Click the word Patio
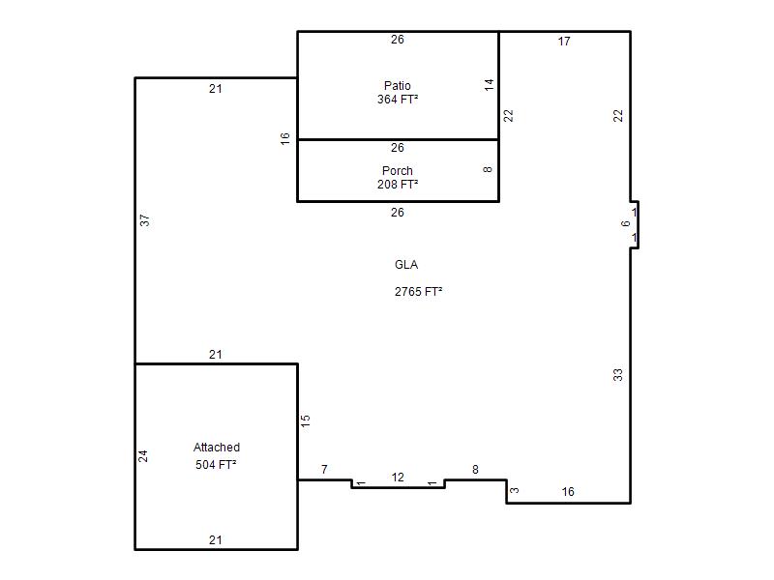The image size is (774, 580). [x=398, y=86]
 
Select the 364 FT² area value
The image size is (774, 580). [x=398, y=100]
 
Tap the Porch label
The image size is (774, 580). [x=398, y=171]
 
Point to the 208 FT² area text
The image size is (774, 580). [x=398, y=184]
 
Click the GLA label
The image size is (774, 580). [x=406, y=265]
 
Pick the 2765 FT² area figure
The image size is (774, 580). [x=419, y=292]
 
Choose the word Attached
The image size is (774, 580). [x=217, y=448]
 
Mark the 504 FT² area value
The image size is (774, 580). [x=216, y=465]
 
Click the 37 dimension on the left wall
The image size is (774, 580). [x=144, y=220]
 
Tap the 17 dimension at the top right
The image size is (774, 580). [x=564, y=42]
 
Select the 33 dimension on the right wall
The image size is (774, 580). [x=618, y=375]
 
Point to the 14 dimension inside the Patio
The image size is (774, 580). [x=489, y=84]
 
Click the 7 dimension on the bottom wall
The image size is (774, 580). [x=324, y=470]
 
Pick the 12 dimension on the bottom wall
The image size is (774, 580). [x=398, y=478]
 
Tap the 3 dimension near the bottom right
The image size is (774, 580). [x=515, y=490]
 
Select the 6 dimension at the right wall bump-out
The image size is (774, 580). [x=625, y=223]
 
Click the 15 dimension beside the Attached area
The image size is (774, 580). [x=305, y=420]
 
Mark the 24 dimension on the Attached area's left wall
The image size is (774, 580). [x=142, y=455]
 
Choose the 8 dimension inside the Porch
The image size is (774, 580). [x=488, y=170]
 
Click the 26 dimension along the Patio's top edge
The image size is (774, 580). [x=398, y=40]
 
